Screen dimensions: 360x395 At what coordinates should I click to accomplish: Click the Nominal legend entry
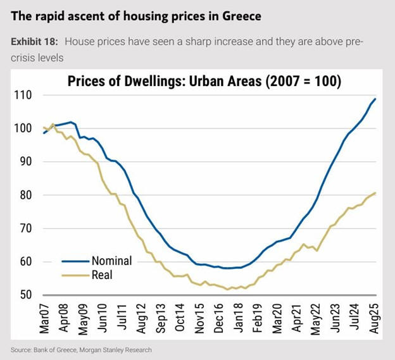[x=111, y=260]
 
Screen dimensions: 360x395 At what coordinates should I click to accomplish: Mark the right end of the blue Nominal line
[x=376, y=99]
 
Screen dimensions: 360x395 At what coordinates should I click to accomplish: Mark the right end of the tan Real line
[x=376, y=193]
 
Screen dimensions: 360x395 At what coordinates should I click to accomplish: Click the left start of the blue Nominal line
[x=43, y=133]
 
